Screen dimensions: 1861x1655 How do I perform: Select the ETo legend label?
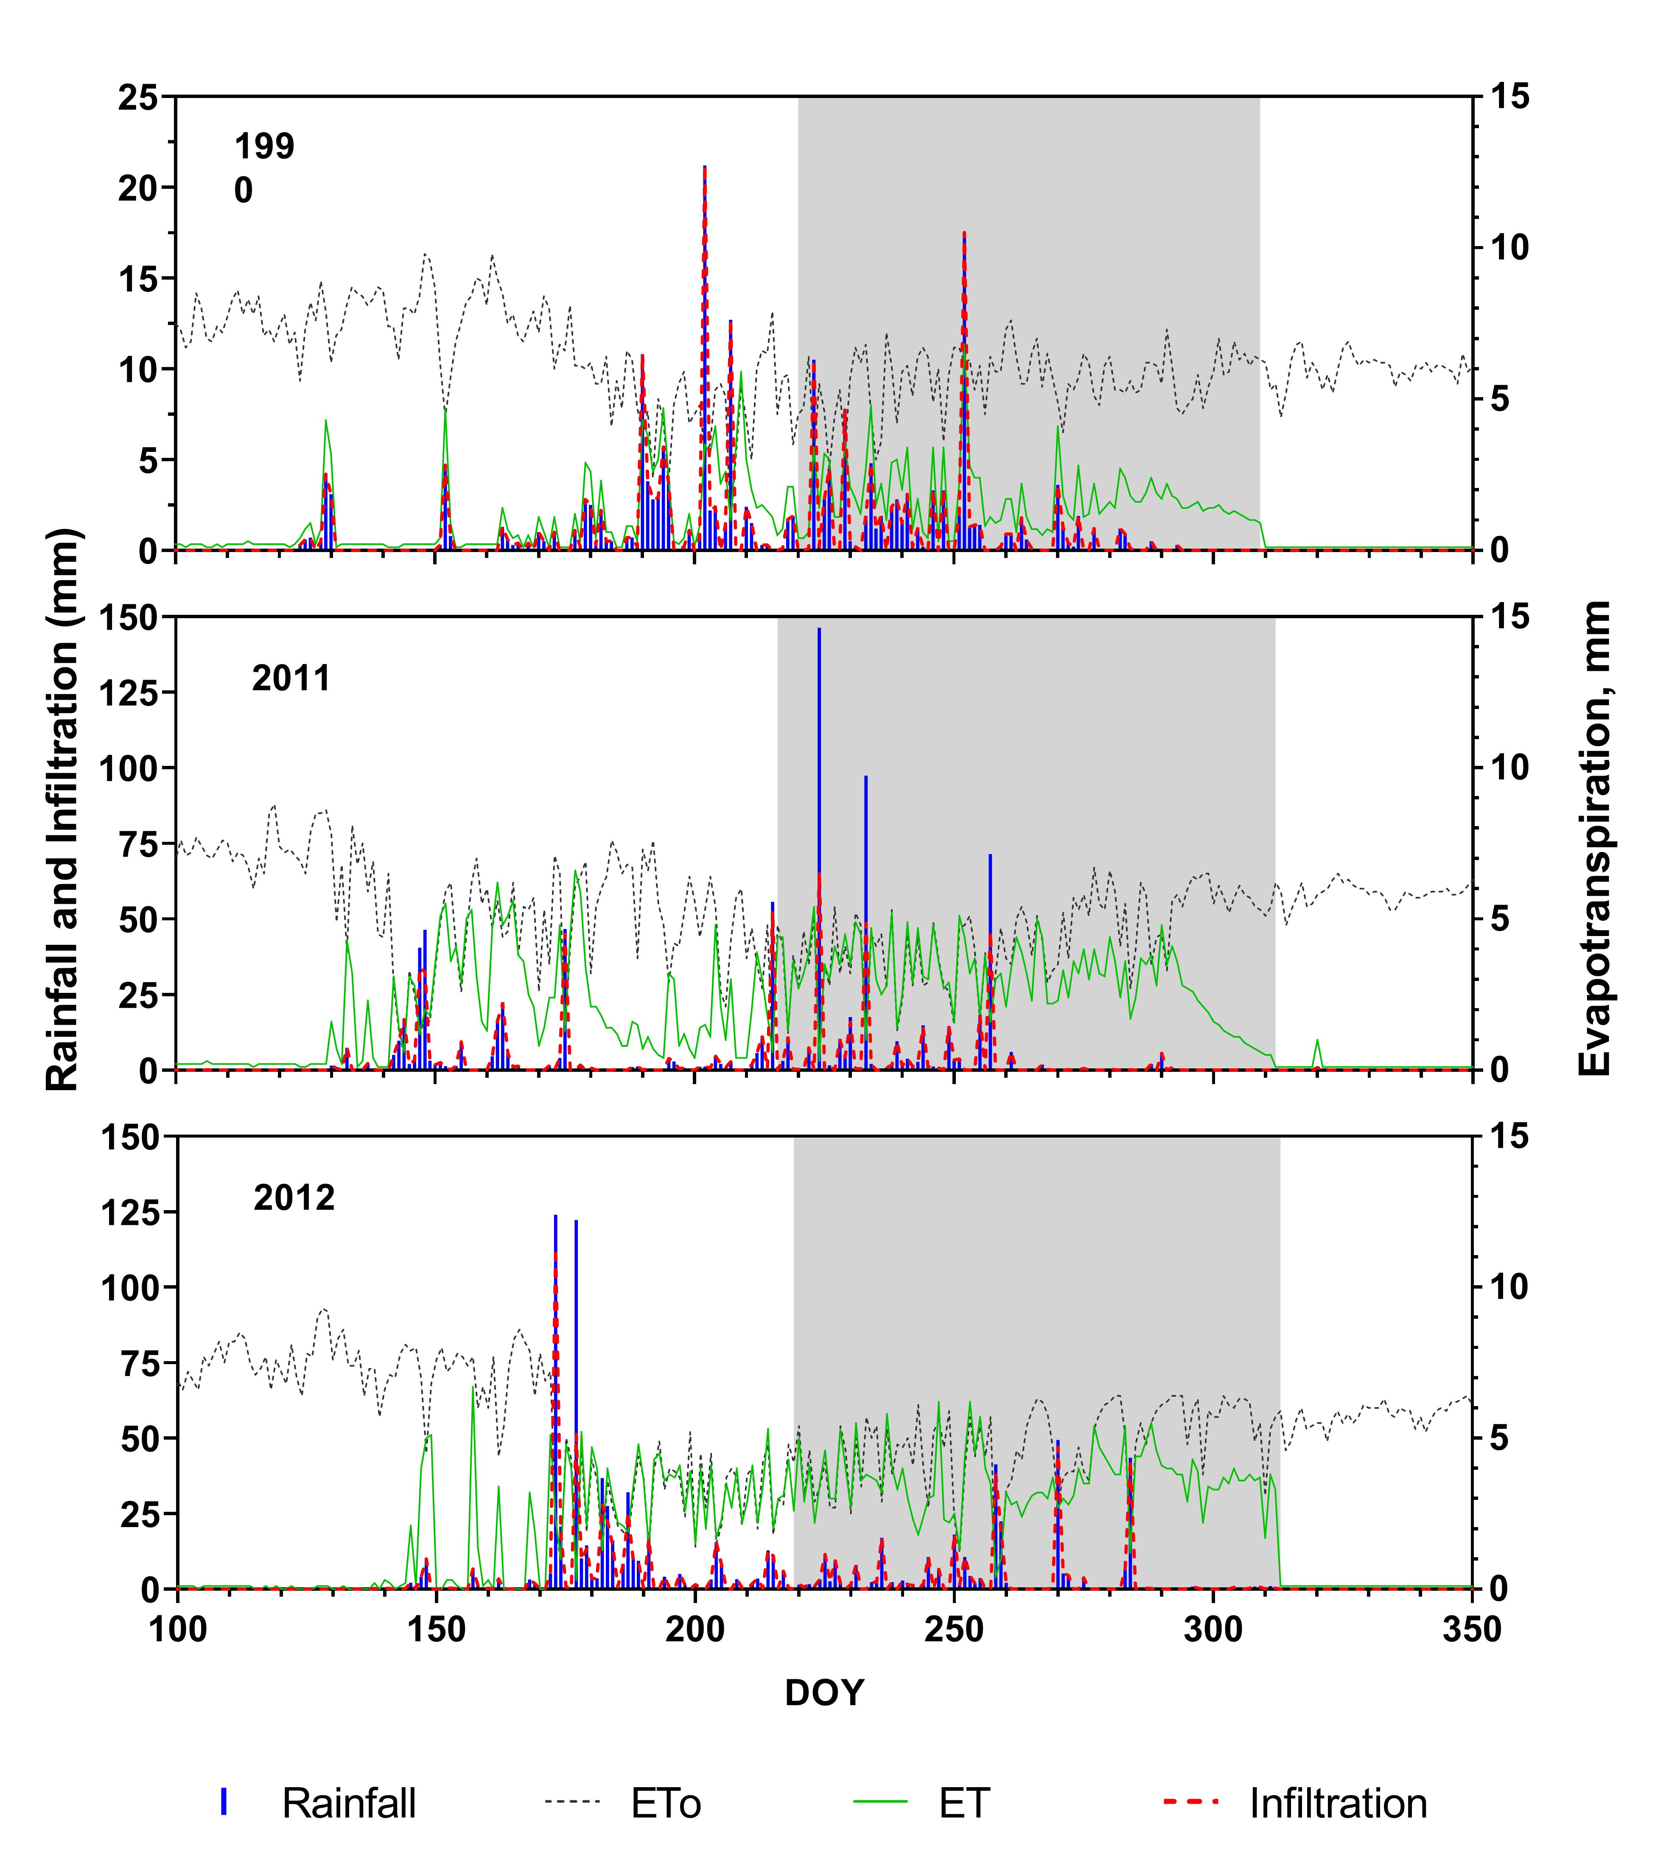[x=666, y=1804]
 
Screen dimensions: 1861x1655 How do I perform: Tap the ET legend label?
[x=964, y=1804]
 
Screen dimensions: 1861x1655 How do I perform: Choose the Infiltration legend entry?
[x=1337, y=1804]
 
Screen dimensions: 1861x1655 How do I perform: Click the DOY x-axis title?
[x=824, y=1693]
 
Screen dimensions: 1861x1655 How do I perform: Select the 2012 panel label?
[x=294, y=1198]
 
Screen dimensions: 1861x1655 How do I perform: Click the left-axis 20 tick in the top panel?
[x=138, y=188]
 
